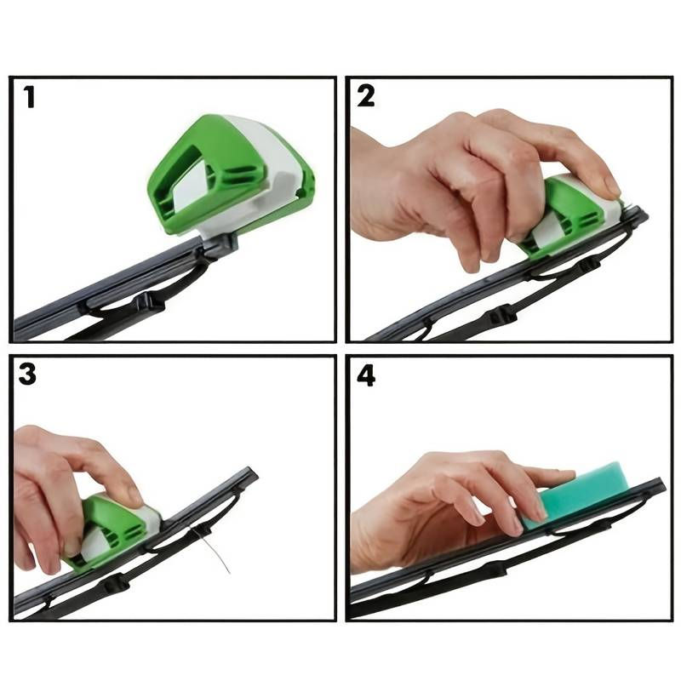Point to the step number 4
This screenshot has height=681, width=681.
[x=366, y=375]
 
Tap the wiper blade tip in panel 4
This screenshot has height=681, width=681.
[x=659, y=484]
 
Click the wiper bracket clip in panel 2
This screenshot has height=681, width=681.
[x=502, y=315]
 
